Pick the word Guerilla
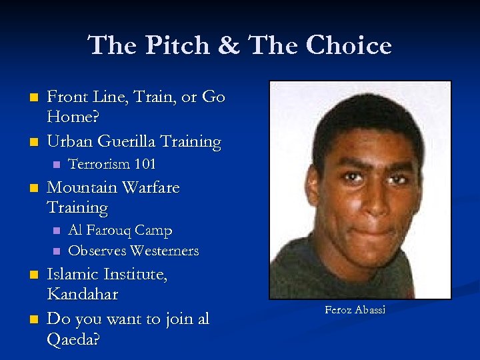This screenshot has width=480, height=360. (x=127, y=141)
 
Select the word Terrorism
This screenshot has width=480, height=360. (x=98, y=163)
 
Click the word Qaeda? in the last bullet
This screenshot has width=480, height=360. (x=73, y=339)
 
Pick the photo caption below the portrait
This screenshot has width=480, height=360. (x=355, y=310)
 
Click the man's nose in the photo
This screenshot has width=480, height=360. (x=361, y=190)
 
